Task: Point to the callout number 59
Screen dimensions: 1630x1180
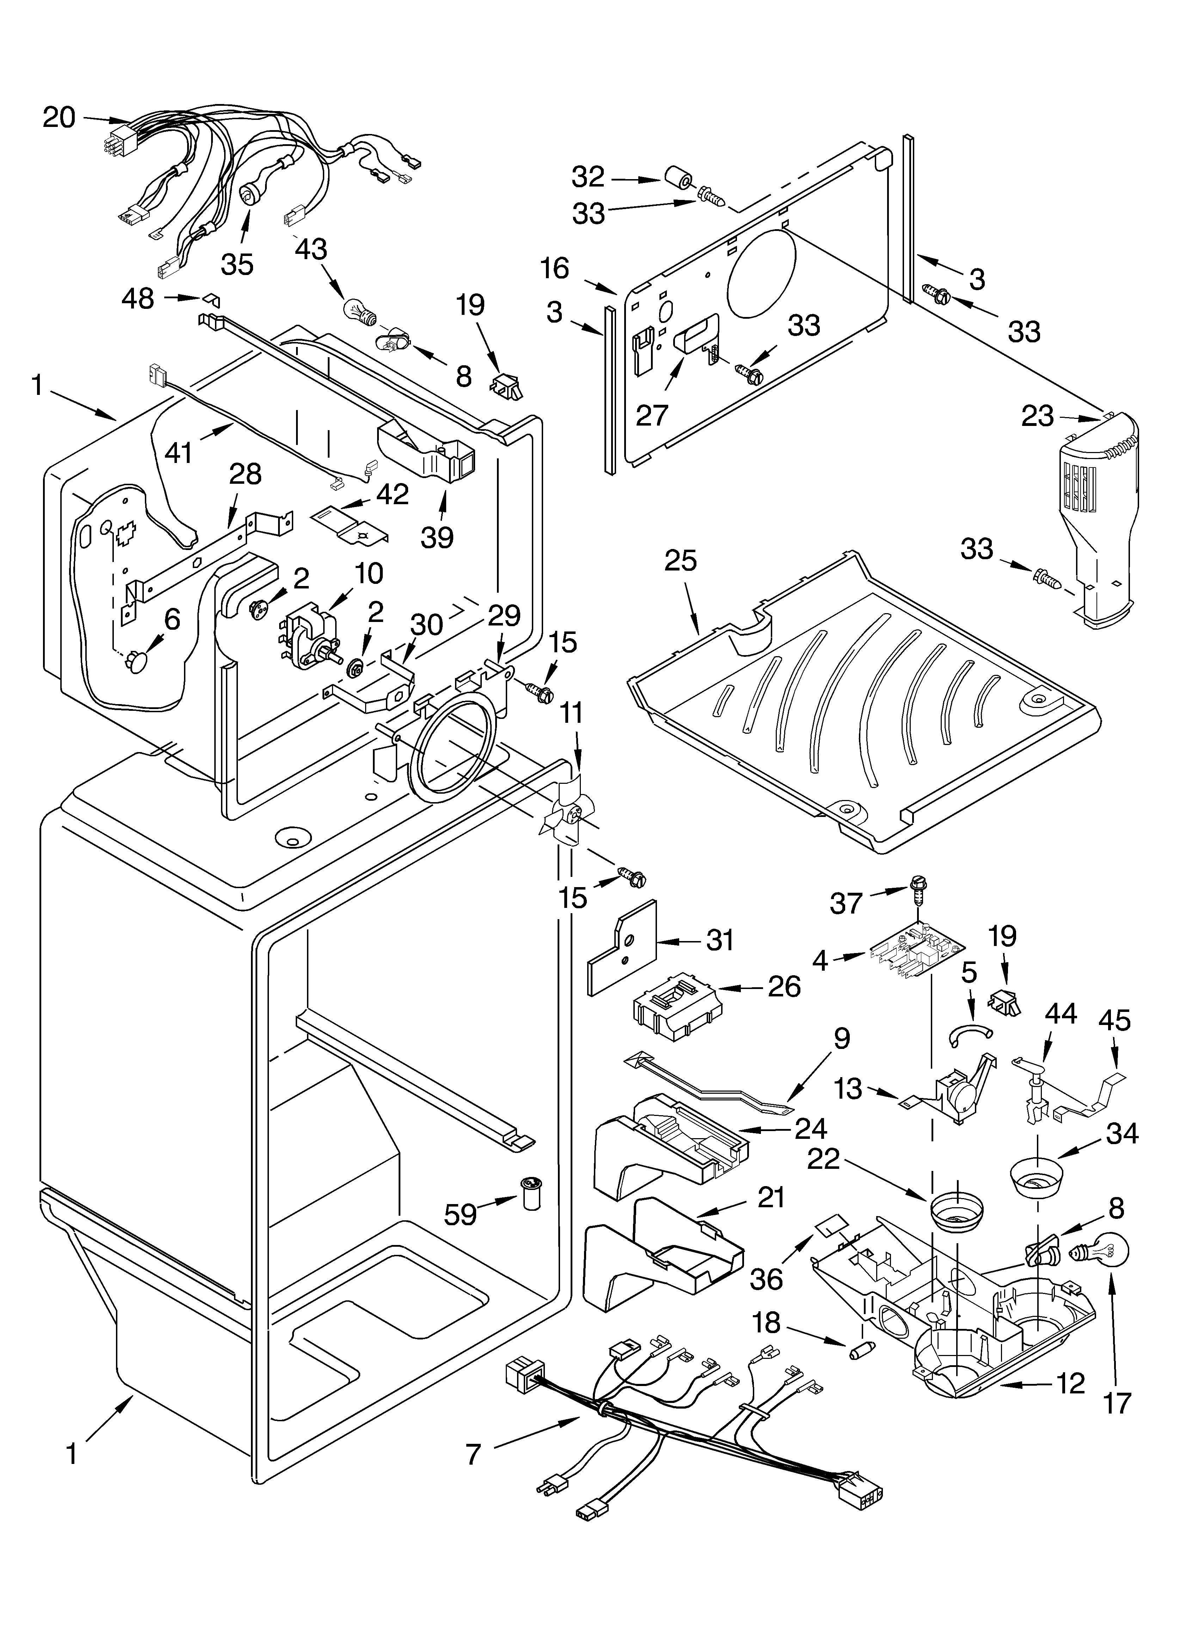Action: [x=460, y=1214]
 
